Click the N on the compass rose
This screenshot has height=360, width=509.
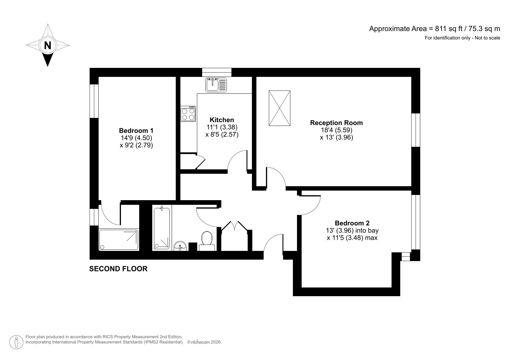[x=48, y=45]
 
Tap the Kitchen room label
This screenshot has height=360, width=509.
[x=222, y=120]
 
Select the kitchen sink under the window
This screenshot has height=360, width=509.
[x=216, y=85]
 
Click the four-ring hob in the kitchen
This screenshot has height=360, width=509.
[x=188, y=114]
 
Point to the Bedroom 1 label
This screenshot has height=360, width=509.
[x=136, y=131]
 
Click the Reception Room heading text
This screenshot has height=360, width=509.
[x=336, y=123]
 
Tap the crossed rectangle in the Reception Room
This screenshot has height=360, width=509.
[x=279, y=108]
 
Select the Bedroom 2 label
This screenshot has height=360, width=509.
[x=352, y=223]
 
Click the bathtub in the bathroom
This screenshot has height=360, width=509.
[x=162, y=228]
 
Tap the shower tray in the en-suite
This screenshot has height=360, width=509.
[x=119, y=240]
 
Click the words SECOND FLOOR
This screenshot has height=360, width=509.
[x=118, y=269]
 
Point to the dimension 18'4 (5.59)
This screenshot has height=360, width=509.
[x=336, y=130]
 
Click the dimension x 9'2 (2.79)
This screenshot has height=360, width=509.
[x=136, y=145]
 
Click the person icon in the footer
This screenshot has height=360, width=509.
[x=17, y=342]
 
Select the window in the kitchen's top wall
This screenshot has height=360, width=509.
[x=217, y=72]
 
